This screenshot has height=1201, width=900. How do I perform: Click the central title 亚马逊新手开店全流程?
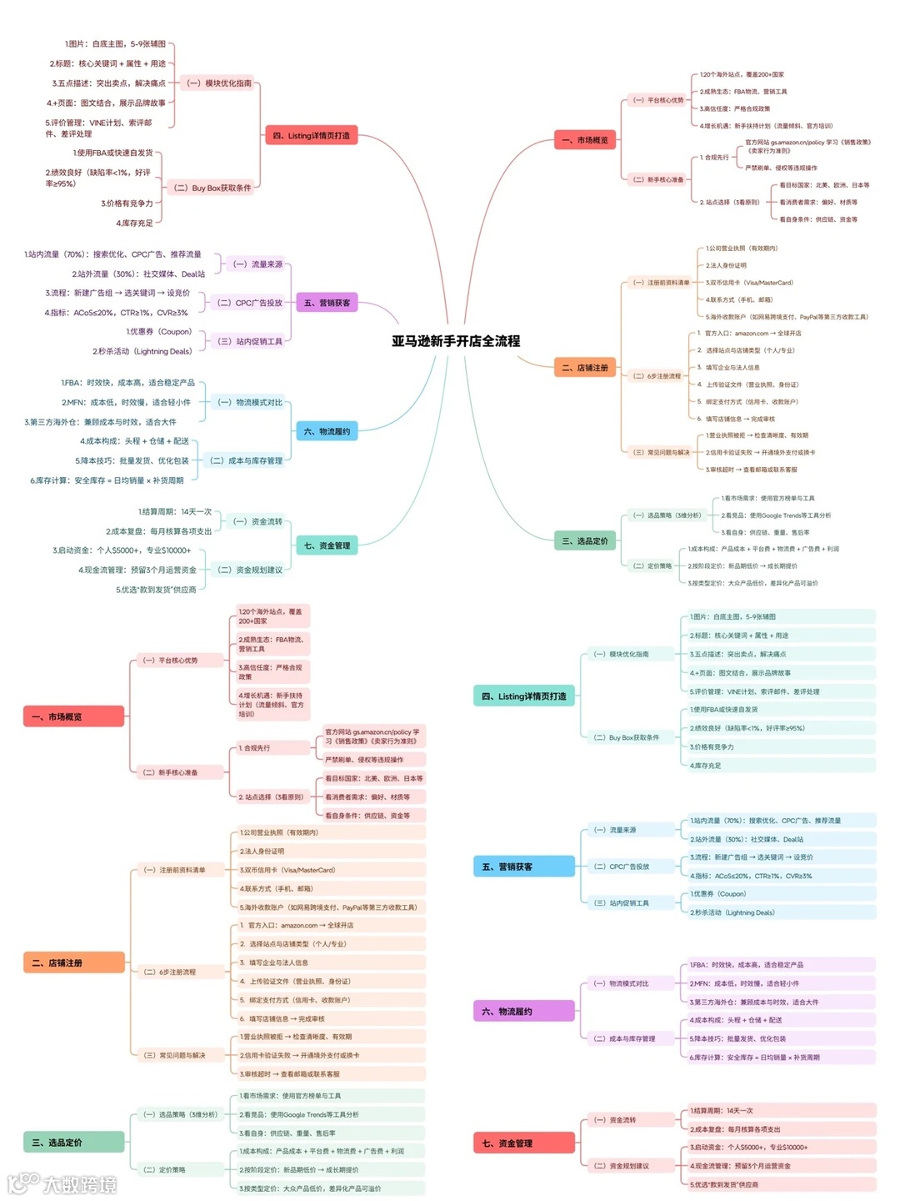point(456,341)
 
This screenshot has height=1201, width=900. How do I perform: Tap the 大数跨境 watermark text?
point(79,1183)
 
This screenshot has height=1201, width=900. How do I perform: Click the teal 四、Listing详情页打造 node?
point(523,696)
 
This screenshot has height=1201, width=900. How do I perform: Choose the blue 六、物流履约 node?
point(327,431)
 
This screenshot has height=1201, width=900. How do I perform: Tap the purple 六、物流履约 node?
point(523,1011)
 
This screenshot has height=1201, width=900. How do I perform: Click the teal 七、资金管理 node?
point(327,545)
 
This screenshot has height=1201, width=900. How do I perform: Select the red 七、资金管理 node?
point(523,1143)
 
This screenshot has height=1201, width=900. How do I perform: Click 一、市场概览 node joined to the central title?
point(584,140)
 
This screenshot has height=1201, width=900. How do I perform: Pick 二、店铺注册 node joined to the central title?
point(584,368)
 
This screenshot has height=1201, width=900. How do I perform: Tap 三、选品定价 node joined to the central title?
point(584,541)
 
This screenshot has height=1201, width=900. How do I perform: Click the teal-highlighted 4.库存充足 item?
point(781,765)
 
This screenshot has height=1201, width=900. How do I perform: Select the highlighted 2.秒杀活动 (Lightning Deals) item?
point(781,912)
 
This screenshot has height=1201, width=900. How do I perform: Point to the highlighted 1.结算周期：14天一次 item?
point(781,1110)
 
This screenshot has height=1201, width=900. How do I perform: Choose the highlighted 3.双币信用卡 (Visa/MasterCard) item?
point(331,870)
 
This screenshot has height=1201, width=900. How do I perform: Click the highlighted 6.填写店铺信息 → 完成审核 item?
point(331,1018)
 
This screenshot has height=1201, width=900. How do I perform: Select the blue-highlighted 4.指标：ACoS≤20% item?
point(781,876)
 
